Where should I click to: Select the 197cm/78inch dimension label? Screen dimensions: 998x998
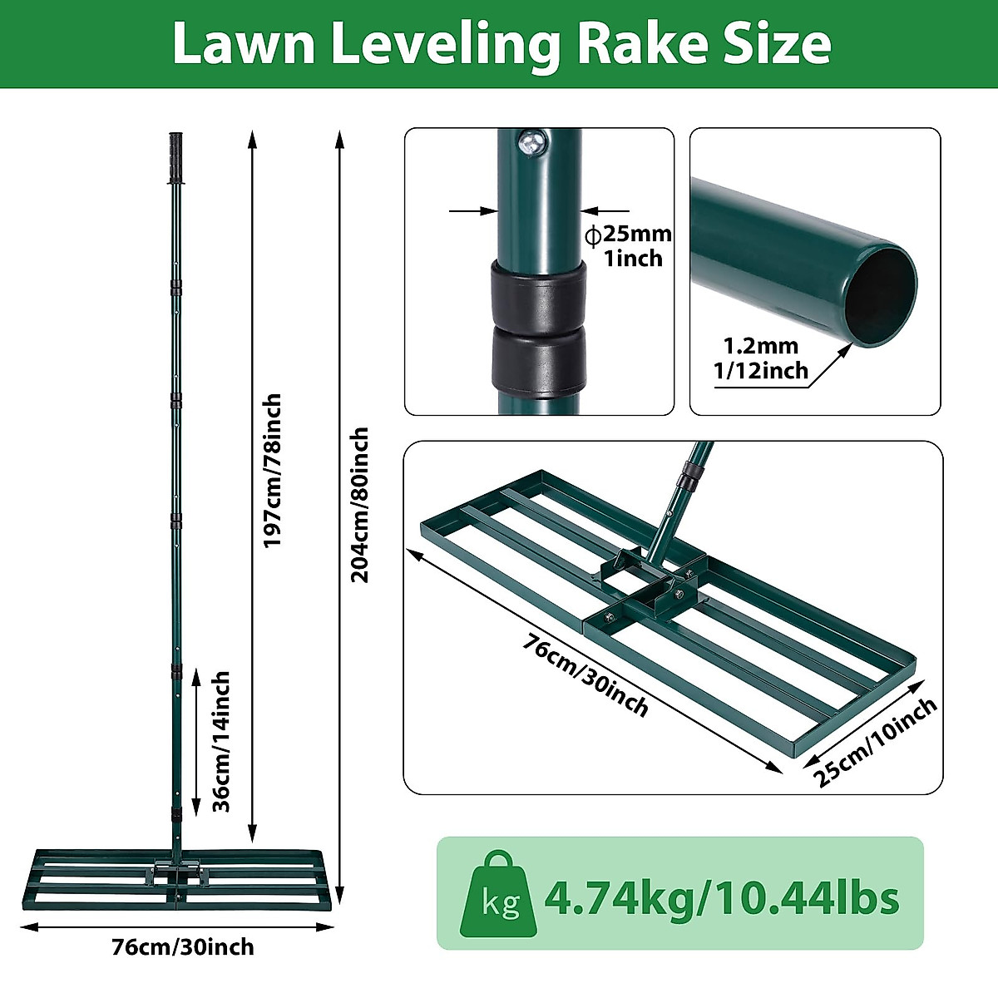(273, 470)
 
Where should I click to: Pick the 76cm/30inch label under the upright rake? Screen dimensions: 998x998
(183, 947)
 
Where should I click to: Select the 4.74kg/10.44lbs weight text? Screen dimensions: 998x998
(721, 897)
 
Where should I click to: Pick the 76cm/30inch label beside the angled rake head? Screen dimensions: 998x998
(586, 674)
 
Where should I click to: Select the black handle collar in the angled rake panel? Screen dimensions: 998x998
(687, 480)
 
